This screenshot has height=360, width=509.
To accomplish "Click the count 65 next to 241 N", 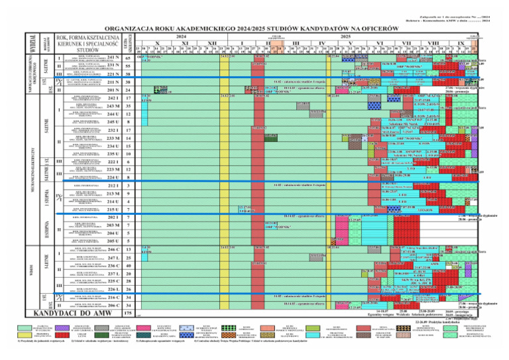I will [x=128, y=58].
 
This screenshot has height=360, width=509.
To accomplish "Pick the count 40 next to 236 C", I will [x=128, y=265].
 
